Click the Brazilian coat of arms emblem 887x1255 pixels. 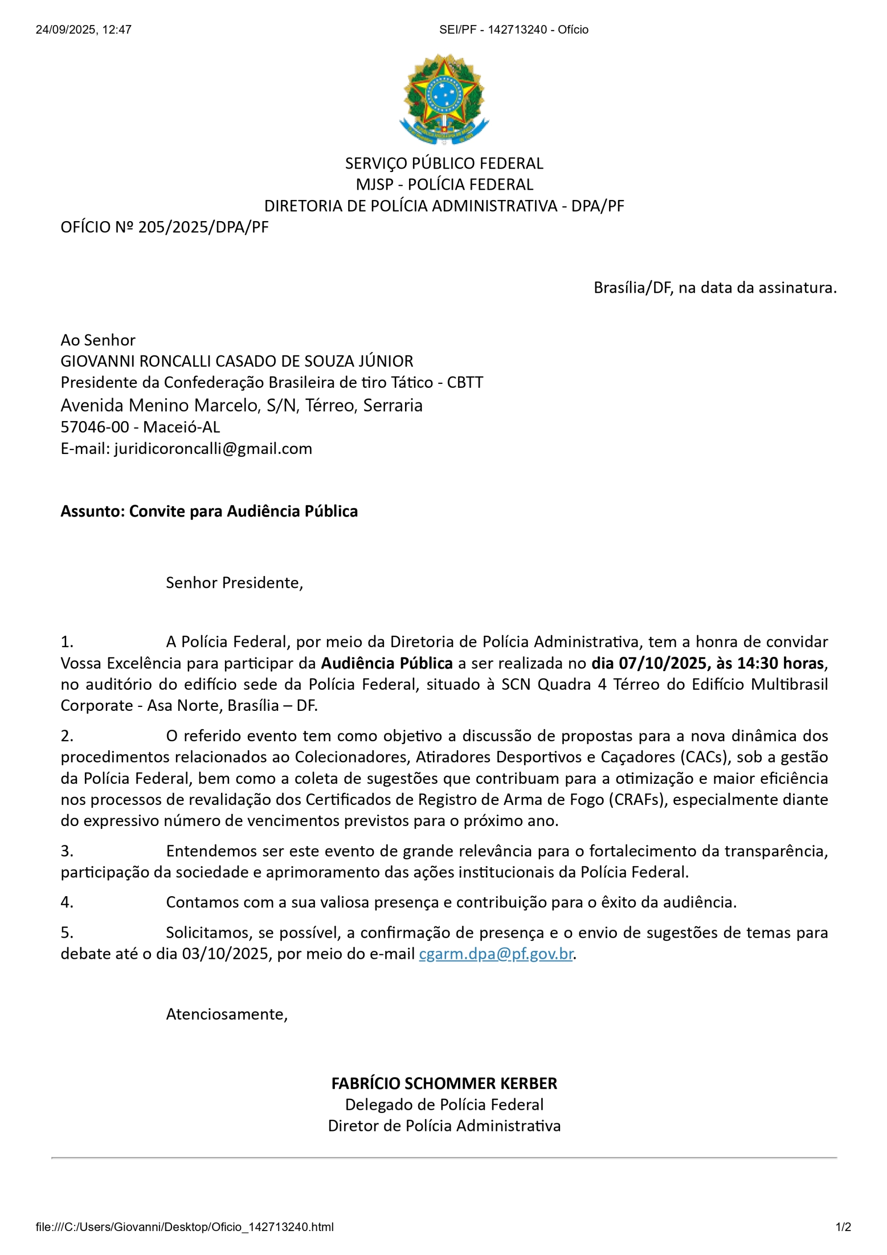click(443, 99)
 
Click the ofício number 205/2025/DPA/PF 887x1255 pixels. click(203, 227)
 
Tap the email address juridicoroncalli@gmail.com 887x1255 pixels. click(213, 449)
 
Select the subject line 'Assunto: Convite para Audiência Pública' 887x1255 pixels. click(209, 511)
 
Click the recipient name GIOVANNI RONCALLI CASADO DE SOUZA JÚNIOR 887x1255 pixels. click(237, 361)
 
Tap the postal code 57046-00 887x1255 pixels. click(95, 427)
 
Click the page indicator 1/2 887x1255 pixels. click(843, 1227)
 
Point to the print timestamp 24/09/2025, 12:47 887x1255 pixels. click(84, 29)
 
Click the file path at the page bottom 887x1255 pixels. click(184, 1227)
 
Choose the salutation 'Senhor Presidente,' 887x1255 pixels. click(234, 583)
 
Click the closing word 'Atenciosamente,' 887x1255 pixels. click(227, 1014)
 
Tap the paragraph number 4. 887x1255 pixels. click(66, 902)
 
